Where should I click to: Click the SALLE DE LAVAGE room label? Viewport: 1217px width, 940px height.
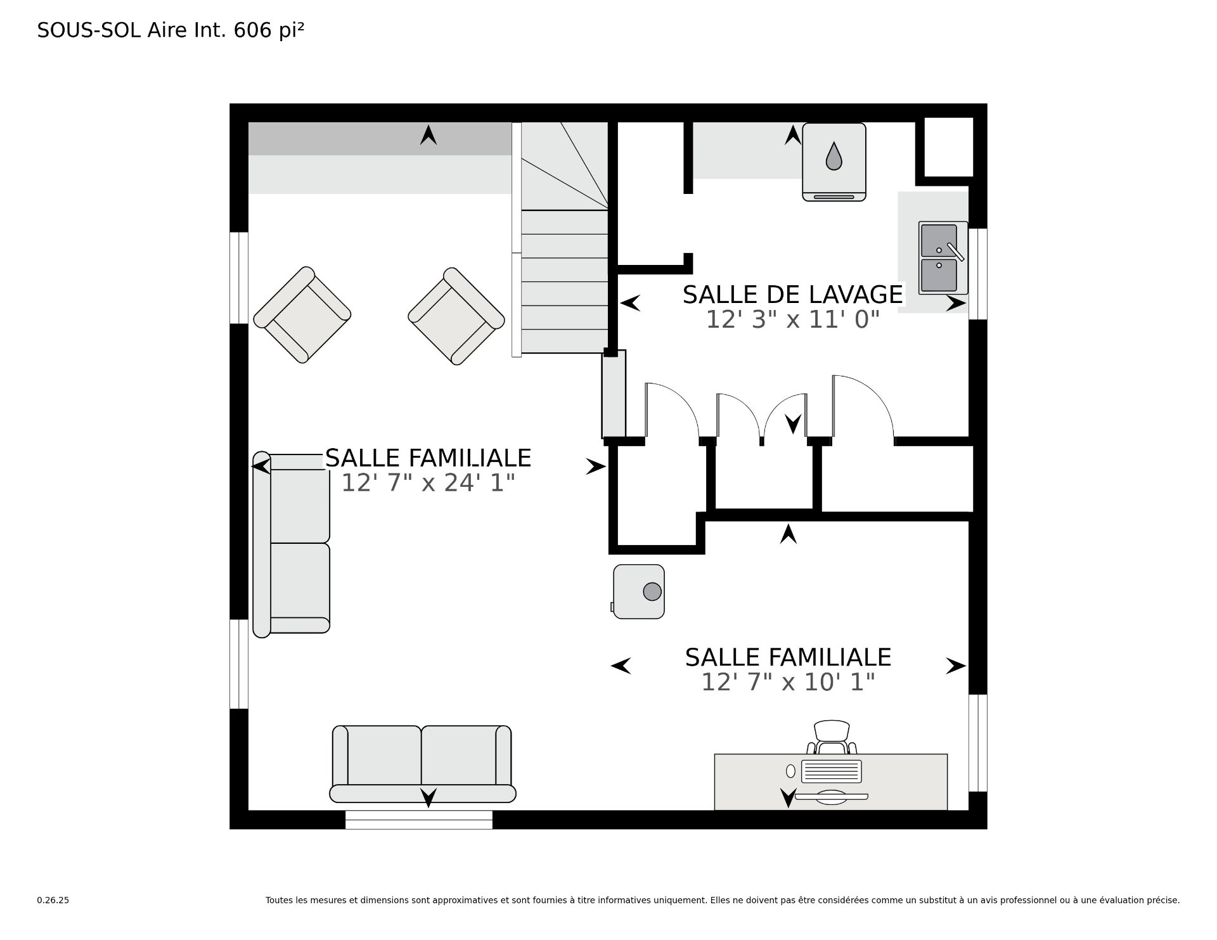point(792,295)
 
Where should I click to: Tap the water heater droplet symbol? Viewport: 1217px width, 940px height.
point(834,156)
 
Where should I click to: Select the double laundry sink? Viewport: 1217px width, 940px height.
point(943,257)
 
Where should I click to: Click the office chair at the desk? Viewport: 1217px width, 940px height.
point(832,737)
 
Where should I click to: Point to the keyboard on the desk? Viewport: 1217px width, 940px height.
point(832,771)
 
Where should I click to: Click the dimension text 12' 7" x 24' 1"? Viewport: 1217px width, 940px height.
point(428,484)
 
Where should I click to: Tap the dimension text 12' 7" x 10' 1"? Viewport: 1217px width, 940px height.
point(788,683)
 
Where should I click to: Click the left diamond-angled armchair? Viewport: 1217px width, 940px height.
point(302,315)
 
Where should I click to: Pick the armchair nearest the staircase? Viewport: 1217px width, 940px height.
point(456,316)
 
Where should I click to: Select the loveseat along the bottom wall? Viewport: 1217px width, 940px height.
point(423,764)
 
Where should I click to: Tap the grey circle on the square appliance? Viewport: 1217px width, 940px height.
point(652,592)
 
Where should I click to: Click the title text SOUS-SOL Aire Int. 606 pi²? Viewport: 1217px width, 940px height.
point(171,30)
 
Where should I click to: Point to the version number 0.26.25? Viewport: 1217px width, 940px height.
point(53,900)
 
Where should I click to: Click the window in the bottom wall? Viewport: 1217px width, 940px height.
point(419,820)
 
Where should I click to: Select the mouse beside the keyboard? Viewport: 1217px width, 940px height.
point(790,771)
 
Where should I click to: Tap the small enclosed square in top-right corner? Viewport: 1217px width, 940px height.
point(948,147)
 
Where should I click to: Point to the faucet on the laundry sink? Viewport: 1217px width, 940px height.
point(955,252)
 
